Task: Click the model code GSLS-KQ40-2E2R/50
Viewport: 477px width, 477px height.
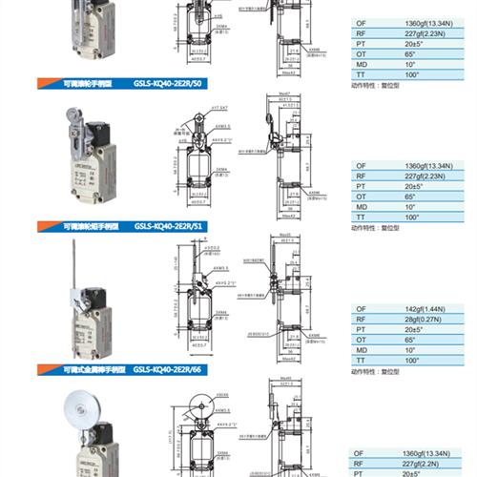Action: coord(169,83)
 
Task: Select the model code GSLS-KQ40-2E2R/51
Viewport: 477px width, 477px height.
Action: coord(169,226)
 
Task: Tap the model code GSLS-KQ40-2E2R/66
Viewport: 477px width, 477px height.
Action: coord(171,369)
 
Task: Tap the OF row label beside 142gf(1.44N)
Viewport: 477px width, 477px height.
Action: coord(361,310)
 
